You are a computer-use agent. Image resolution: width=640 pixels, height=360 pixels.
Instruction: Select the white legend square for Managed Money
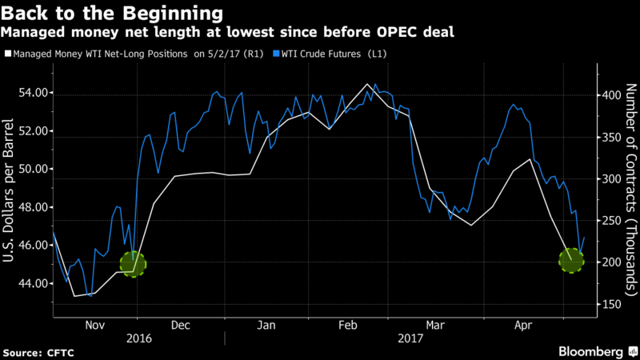click(7, 55)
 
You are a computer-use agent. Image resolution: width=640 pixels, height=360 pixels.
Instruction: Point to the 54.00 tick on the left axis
click(30, 93)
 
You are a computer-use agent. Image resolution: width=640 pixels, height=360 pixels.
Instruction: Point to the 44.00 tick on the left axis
click(30, 283)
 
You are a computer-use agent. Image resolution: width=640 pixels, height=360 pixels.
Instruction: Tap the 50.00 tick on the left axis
click(30, 169)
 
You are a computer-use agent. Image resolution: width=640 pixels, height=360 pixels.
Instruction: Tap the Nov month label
click(95, 326)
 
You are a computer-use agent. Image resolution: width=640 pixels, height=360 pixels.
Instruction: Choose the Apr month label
click(523, 326)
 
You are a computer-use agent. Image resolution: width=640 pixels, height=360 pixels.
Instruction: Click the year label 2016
click(139, 338)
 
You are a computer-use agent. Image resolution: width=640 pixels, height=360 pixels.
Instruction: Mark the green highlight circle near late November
click(134, 262)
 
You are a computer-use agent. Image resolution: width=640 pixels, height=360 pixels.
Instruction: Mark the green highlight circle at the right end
click(572, 259)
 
